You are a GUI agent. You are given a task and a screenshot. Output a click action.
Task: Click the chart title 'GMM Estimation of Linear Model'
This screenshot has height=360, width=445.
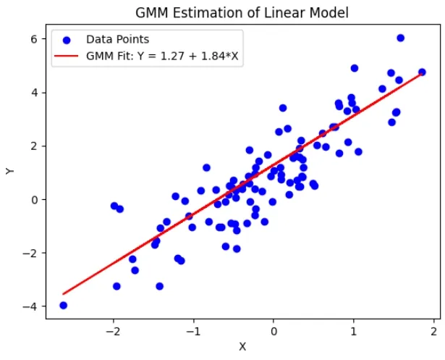[242, 12]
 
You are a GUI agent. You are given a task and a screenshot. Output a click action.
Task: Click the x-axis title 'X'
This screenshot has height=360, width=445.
[242, 347]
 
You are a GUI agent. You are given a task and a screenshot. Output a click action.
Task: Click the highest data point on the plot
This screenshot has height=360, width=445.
[401, 38]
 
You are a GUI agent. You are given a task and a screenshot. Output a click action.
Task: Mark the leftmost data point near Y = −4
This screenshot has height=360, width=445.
[63, 305]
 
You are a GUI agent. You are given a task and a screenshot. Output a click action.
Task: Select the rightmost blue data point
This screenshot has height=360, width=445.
[422, 72]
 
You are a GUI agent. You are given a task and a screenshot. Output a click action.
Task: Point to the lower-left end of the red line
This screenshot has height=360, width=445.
[64, 293]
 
